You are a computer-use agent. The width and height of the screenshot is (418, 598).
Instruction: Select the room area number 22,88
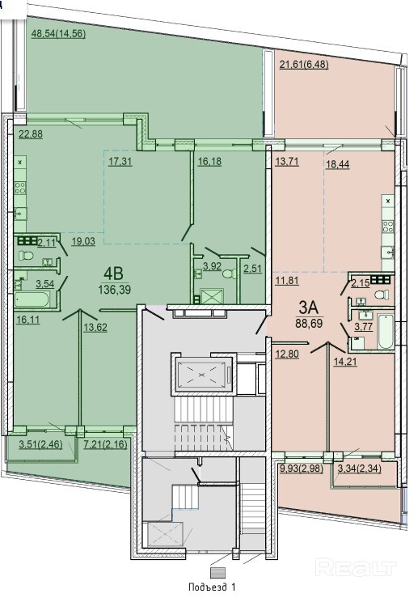pos(31,134)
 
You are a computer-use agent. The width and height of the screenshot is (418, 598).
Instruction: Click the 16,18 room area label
pos(209,161)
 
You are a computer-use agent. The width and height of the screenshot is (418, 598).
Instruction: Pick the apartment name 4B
pos(113,274)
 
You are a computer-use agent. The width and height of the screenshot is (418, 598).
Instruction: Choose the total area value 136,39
pos(114,290)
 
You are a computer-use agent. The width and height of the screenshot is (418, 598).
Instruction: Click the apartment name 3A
pos(309,307)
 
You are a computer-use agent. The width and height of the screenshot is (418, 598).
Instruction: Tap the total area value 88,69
pos(309,324)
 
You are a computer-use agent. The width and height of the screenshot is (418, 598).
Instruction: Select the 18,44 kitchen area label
pos(338,164)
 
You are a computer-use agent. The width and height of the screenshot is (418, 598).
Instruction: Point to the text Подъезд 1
pos(213,587)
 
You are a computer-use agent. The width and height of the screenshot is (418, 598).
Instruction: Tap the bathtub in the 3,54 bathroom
pos(32,299)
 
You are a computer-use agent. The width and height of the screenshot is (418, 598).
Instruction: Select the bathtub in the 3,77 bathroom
pos(385,331)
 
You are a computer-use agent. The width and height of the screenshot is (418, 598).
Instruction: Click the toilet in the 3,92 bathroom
pos(228,274)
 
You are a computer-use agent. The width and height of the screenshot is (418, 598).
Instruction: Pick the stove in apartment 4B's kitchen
pos(20,188)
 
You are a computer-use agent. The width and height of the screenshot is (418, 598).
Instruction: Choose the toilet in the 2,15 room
pos(382,295)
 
